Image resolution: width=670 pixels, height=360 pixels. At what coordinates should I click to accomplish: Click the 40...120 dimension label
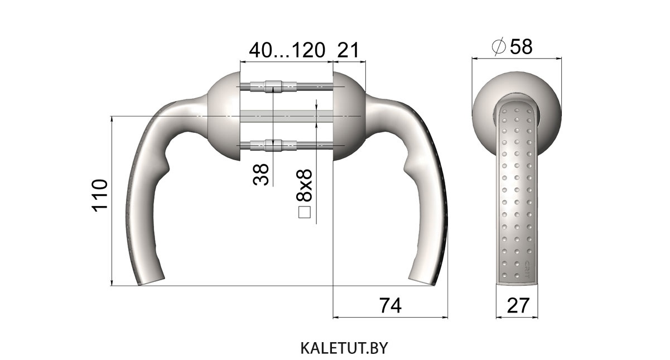287,50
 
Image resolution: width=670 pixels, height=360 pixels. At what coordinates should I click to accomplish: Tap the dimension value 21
348,50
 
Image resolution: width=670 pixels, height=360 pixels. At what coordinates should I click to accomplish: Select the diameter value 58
521,47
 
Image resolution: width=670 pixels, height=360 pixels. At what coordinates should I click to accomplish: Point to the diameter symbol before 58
499,47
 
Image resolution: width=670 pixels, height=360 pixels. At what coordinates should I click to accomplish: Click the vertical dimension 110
100,196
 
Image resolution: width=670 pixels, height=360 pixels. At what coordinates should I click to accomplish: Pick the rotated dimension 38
261,175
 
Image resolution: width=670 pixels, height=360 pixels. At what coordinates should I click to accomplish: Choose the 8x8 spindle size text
304,185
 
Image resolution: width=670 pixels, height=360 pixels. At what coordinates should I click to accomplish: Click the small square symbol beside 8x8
305,212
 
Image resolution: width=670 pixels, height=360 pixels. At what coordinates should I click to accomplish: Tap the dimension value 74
391,305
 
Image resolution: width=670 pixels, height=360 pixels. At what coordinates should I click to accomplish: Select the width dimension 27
518,305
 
